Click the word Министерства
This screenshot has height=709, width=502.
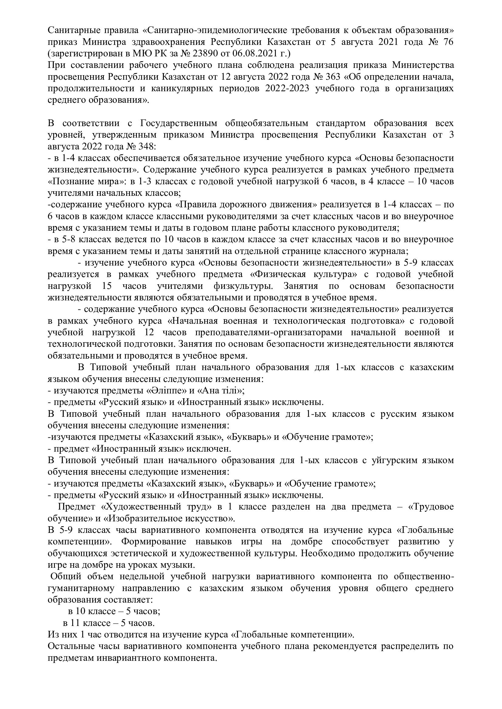pos(423,65)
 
